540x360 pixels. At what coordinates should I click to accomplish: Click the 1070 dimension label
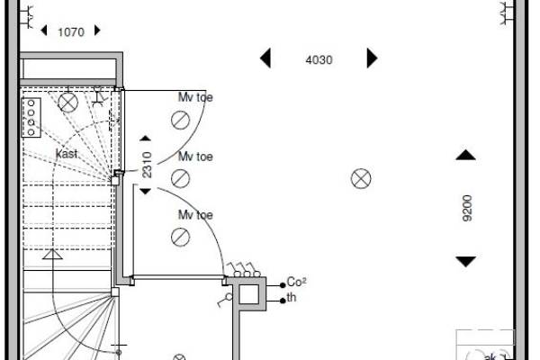coord(71,32)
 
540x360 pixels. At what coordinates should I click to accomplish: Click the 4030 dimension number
coord(319,60)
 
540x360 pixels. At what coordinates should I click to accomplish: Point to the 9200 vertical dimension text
coord(467,208)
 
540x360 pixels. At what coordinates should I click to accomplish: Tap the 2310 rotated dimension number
coord(147,165)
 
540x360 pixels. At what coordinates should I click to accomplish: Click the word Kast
coord(67,154)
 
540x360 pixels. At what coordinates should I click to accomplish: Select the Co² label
coord(296,282)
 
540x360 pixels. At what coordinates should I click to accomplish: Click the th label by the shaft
coord(292,297)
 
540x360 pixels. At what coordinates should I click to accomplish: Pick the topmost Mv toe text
coord(195,97)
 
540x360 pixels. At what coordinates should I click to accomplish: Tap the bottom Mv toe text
coord(195,215)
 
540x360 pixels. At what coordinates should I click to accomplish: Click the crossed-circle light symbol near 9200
coord(361,178)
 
